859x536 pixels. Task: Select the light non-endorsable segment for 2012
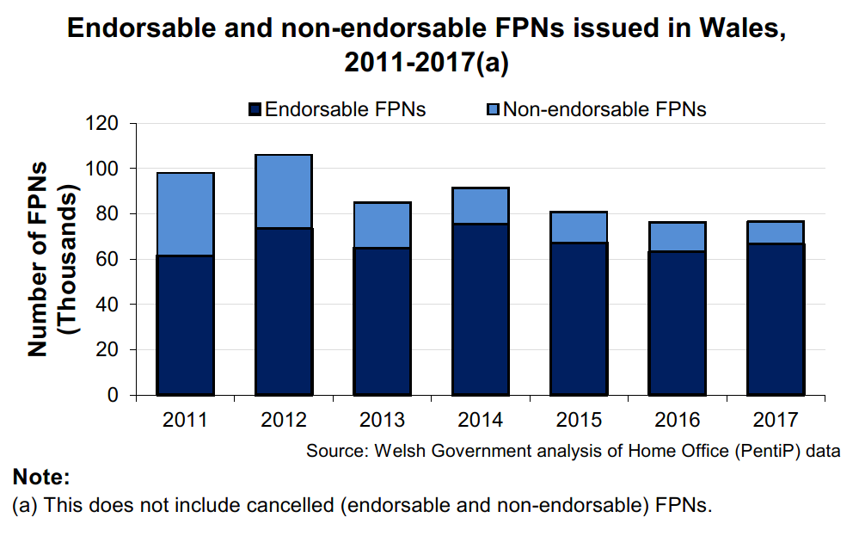[x=283, y=191]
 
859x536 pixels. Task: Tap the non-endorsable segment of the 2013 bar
[x=381, y=225]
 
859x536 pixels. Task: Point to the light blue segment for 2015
[x=578, y=227]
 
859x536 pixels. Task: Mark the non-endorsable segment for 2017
[x=774, y=232]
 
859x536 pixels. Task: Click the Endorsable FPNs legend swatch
[x=255, y=110]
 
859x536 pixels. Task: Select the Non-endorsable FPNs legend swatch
[x=494, y=110]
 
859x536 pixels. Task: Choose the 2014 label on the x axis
[x=479, y=421]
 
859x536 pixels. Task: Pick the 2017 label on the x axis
[x=774, y=421]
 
